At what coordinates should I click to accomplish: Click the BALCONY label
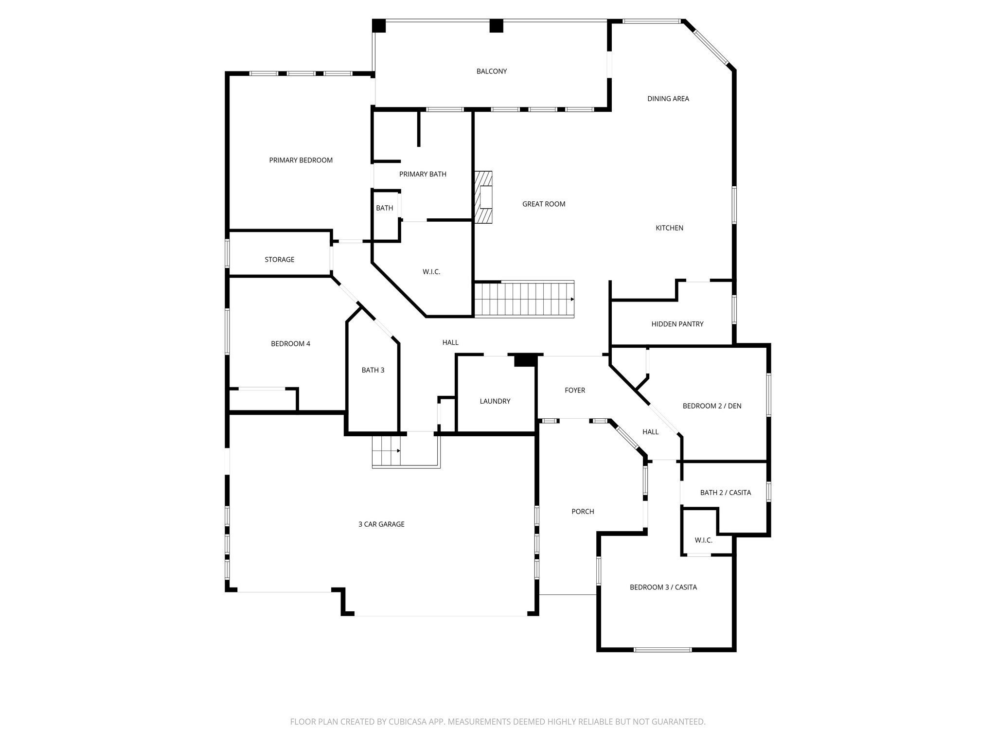[x=491, y=71]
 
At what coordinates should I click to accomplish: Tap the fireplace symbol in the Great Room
[x=484, y=197]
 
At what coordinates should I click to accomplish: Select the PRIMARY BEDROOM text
[x=301, y=160]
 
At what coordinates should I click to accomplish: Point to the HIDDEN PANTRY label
[x=677, y=324]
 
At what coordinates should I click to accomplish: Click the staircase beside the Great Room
[x=524, y=299]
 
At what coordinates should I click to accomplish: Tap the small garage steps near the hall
[x=386, y=451]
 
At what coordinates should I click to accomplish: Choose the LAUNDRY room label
[x=495, y=401]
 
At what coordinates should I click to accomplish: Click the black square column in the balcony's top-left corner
[x=379, y=26]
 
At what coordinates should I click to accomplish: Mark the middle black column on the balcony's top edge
[x=496, y=26]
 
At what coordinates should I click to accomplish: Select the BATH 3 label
[x=373, y=371]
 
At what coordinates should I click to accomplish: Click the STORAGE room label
[x=279, y=260]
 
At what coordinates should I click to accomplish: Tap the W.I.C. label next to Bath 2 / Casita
[x=703, y=540]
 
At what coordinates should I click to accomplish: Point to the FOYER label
[x=574, y=391]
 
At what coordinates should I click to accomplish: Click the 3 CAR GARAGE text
[x=381, y=524]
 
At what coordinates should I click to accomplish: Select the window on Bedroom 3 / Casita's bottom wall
[x=662, y=649]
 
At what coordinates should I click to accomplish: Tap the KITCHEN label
[x=669, y=228]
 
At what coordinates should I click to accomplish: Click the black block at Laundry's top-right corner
[x=525, y=360]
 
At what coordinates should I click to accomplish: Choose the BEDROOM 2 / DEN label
[x=711, y=406]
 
